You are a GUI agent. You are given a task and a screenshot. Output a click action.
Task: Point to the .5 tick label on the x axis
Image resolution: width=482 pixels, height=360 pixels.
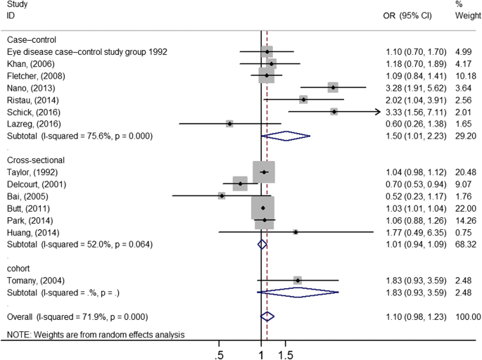220,353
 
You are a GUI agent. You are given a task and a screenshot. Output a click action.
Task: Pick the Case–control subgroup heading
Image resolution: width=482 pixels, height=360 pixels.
31,39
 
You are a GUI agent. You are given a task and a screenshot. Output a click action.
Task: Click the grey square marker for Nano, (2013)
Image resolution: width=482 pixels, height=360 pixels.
332,87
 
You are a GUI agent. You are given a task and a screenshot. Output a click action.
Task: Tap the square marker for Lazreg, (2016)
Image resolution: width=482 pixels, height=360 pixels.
229,123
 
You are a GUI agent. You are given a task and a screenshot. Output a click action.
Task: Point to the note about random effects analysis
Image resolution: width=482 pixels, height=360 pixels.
95,335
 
